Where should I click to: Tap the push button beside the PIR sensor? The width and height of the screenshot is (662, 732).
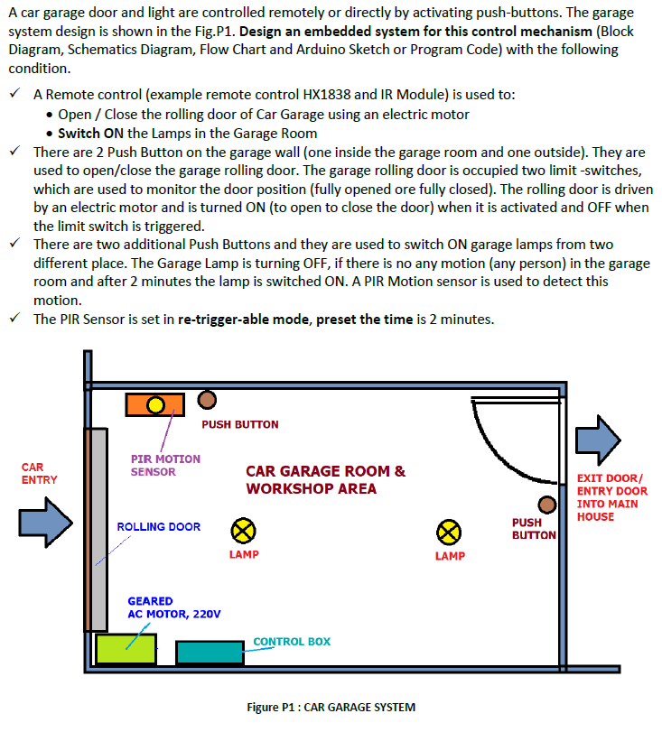pos(207,399)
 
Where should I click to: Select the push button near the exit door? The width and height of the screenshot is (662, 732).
pos(547,505)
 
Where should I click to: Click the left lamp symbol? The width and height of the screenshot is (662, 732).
pos(243,531)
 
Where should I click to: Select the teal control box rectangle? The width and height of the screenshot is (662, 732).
pos(210,653)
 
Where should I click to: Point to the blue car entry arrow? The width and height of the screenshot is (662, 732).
pos(45,522)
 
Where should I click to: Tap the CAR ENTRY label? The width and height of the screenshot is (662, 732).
pos(39,474)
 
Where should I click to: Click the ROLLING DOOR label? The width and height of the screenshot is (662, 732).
pos(159,527)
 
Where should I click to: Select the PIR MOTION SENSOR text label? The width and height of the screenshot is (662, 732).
pos(165,465)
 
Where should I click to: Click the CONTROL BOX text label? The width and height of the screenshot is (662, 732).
pos(292,642)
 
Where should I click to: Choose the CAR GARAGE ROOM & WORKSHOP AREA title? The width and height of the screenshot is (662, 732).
pos(325,480)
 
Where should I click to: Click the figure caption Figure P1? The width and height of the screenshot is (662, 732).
pos(331,708)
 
